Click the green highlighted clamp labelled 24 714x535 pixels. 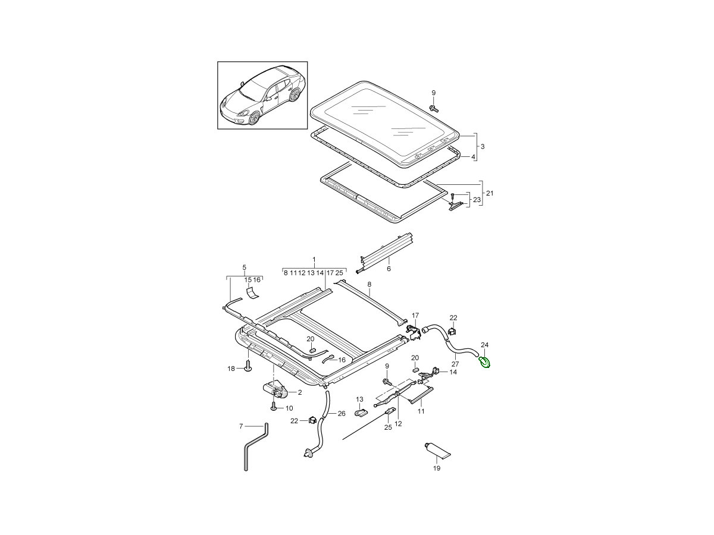point(485,361)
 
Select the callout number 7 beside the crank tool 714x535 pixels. point(241,426)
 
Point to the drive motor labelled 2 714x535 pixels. point(276,391)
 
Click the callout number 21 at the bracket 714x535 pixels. point(490,193)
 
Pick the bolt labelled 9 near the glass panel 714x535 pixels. point(433,108)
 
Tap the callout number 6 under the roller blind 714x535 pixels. point(389,269)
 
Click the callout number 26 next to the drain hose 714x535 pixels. point(341,414)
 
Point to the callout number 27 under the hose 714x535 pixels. point(455,364)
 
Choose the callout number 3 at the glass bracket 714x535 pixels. point(483,146)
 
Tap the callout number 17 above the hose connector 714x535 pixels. point(415,316)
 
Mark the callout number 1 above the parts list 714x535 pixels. point(314,260)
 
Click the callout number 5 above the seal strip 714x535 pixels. point(244,268)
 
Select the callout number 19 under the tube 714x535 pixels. point(436,468)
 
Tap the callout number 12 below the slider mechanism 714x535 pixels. point(398,424)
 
